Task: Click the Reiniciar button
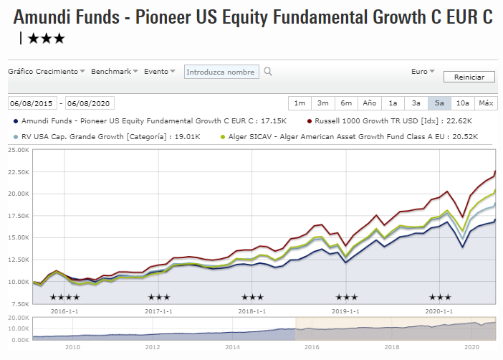pos(469,77)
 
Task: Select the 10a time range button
pos(462,103)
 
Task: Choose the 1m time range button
pos(300,103)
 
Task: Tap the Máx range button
pos(486,103)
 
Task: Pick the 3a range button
pos(416,103)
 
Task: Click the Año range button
pos(369,103)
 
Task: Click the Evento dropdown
pos(159,72)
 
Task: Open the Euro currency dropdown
pos(423,72)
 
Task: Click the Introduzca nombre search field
pos(221,72)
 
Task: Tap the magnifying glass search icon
pos(268,72)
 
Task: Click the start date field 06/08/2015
pos(33,103)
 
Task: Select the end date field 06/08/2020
pos(90,103)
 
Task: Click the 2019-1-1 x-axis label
pos(346,311)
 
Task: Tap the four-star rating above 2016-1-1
pos(64,297)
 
